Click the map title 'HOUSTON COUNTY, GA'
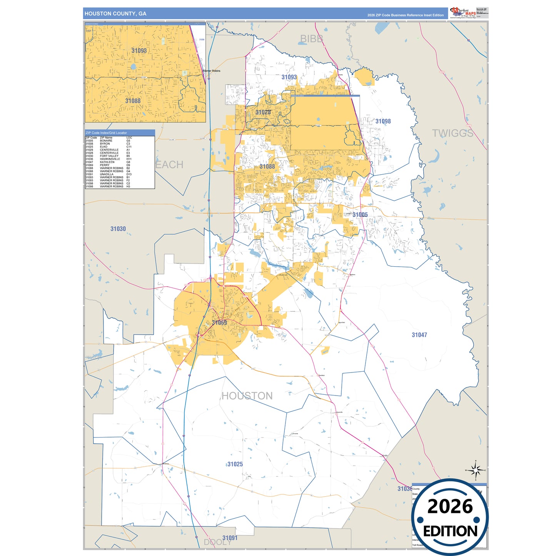pyautogui.click(x=115, y=13)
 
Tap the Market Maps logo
pyautogui.click(x=463, y=12)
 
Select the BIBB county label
pyautogui.click(x=311, y=38)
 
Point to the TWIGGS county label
pyautogui.click(x=452, y=133)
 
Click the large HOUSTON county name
pyautogui.click(x=247, y=396)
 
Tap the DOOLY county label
pyautogui.click(x=217, y=542)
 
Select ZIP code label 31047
pyautogui.click(x=419, y=335)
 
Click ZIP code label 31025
pyautogui.click(x=235, y=464)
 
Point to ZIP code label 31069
pyautogui.click(x=219, y=322)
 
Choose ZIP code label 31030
pyautogui.click(x=118, y=229)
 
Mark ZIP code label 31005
pyautogui.click(x=360, y=215)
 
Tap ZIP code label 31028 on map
pyautogui.click(x=263, y=112)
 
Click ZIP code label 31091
pyautogui.click(x=230, y=538)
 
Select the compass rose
pyautogui.click(x=476, y=470)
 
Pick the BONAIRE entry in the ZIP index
pyautogui.click(x=106, y=141)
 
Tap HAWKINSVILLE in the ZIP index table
pyautogui.click(x=110, y=159)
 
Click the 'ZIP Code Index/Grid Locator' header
pyautogui.click(x=106, y=133)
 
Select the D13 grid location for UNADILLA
pyautogui.click(x=129, y=174)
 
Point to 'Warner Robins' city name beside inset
pyautogui.click(x=212, y=71)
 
